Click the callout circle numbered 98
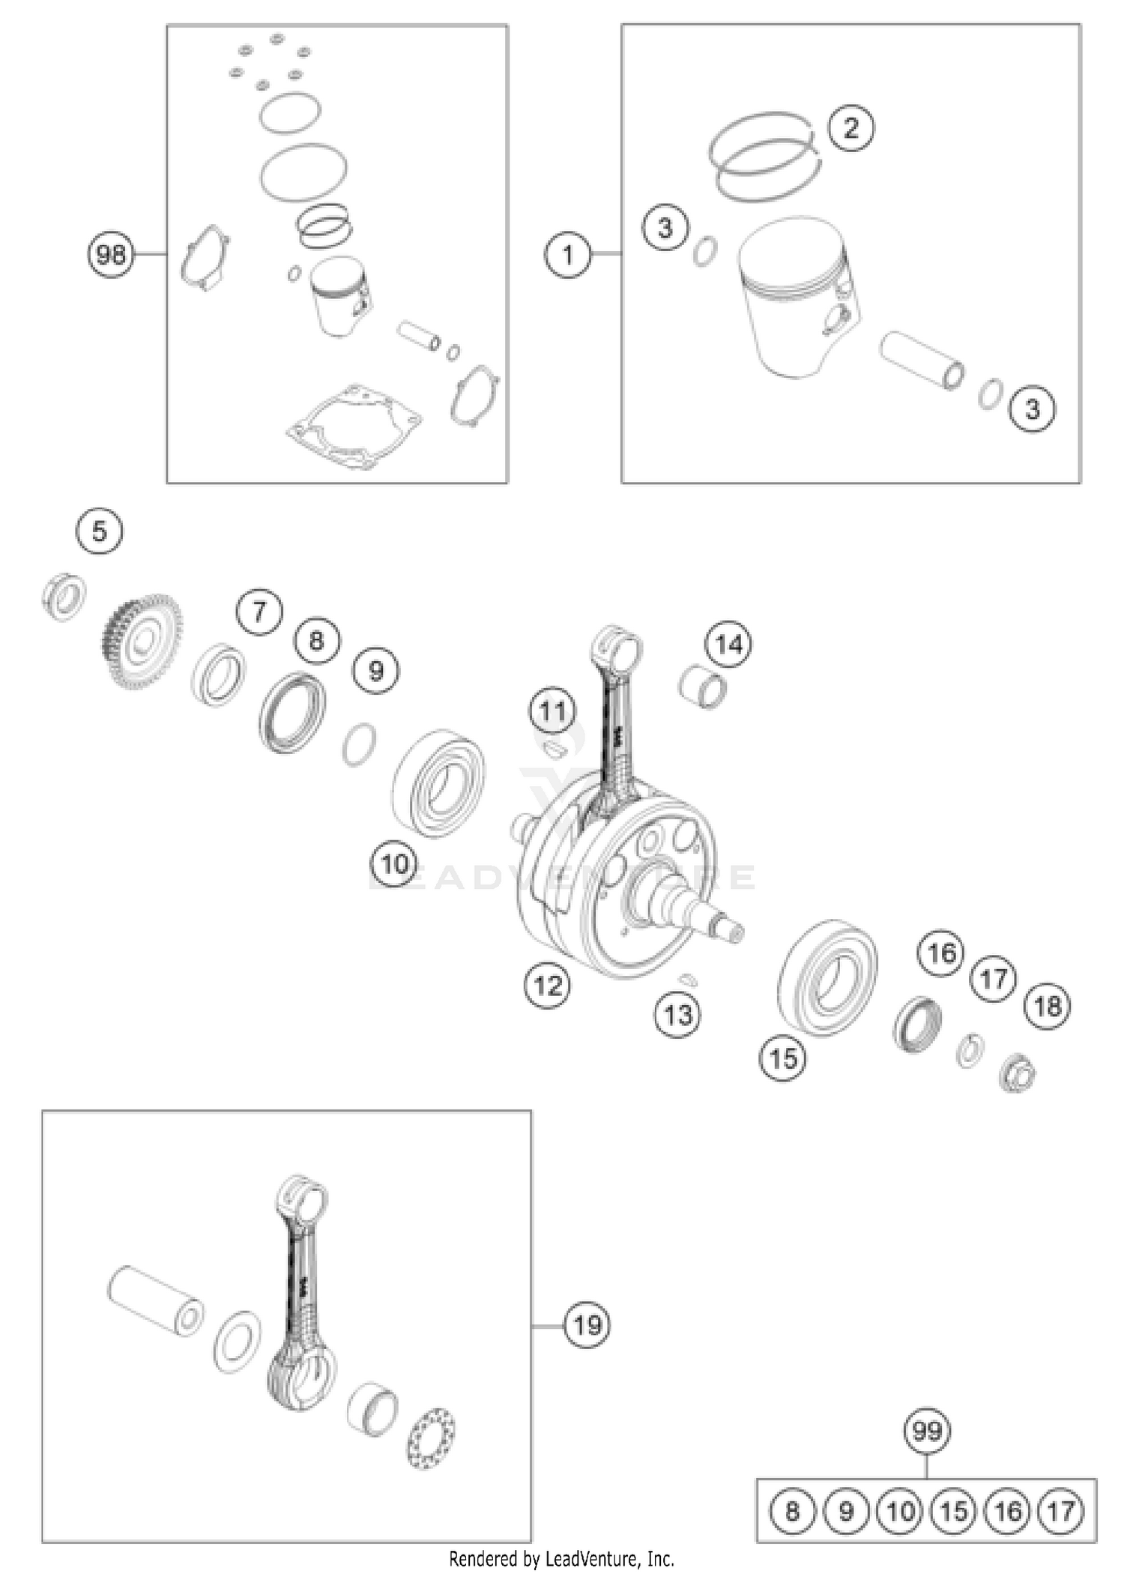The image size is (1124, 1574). (111, 255)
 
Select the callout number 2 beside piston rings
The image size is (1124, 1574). (850, 128)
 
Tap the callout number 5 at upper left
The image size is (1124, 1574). (100, 532)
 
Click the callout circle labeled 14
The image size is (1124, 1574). (729, 644)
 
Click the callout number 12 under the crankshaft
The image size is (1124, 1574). (548, 985)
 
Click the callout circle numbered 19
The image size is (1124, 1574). (587, 1325)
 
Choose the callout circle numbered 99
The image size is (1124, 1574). (927, 1431)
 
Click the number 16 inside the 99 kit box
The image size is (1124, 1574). (1008, 1510)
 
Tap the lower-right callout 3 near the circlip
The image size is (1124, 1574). (1033, 409)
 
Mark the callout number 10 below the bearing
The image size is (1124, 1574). (394, 865)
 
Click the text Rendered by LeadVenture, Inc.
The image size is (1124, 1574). (561, 1559)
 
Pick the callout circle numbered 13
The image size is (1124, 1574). (678, 1016)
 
